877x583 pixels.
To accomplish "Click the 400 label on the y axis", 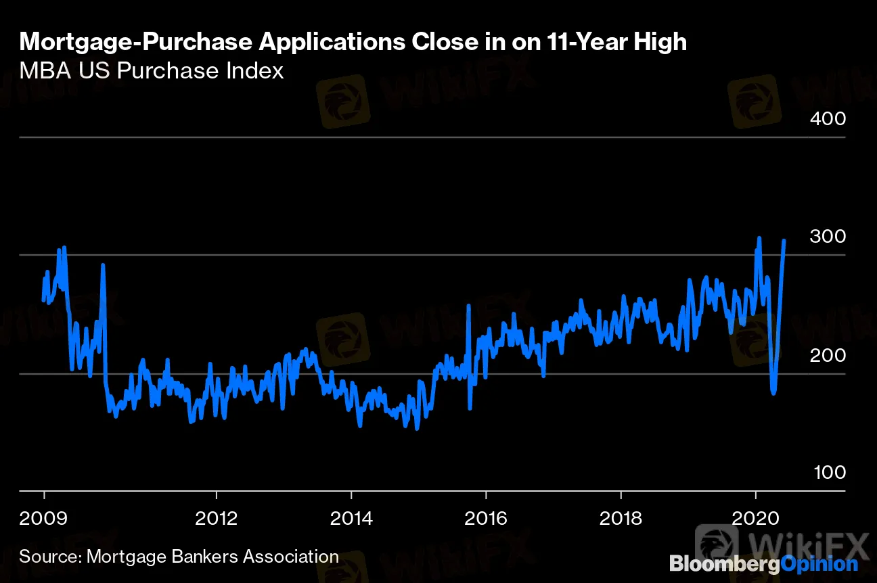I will click(x=827, y=119).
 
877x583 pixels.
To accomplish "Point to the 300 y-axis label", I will click(x=827, y=237).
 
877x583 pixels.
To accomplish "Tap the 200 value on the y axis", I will click(x=827, y=355).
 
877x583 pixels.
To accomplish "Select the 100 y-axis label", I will click(x=827, y=472).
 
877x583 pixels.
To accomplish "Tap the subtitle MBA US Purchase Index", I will click(x=152, y=70).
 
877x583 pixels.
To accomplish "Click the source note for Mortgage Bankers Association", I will click(x=179, y=557).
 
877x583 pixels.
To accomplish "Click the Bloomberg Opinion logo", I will click(x=763, y=563).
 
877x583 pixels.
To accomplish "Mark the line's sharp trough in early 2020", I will click(x=773, y=392).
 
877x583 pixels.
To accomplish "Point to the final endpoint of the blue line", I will click(x=784, y=240).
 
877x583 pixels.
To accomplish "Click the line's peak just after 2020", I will click(x=759, y=238).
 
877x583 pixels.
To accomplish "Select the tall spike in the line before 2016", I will click(x=468, y=306).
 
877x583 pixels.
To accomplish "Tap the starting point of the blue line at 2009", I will click(x=43, y=300).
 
